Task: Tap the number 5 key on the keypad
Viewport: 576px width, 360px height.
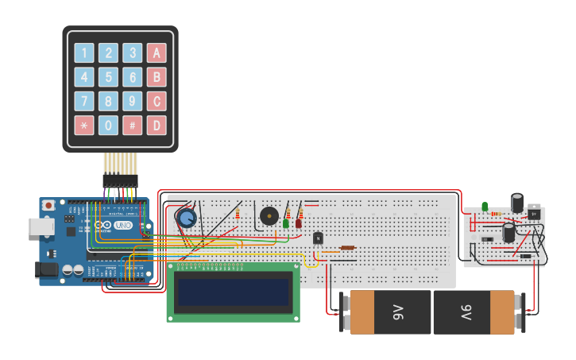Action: [x=108, y=77]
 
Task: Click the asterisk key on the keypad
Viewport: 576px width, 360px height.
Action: [x=84, y=125]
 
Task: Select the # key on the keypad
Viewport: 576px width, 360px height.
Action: [x=132, y=125]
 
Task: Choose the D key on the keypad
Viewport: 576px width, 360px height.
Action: [x=157, y=125]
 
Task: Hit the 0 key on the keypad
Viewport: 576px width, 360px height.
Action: [x=108, y=125]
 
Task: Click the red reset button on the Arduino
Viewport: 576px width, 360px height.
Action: [x=49, y=205]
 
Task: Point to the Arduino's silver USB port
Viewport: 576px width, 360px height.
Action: [x=41, y=226]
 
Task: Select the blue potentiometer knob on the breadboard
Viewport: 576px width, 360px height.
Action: [x=187, y=218]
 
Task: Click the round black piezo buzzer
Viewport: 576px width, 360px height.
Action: [x=269, y=215]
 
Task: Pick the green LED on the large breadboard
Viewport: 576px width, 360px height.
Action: [x=286, y=223]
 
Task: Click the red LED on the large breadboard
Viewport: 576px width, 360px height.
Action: [x=299, y=223]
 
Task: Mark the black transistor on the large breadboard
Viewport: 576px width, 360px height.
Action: [x=319, y=238]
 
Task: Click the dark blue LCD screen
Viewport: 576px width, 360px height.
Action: [x=233, y=292]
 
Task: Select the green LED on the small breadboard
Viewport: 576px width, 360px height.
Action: [x=485, y=207]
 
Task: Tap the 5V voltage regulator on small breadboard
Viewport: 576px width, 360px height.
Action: [x=535, y=213]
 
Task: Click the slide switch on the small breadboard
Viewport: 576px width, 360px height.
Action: [x=487, y=239]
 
